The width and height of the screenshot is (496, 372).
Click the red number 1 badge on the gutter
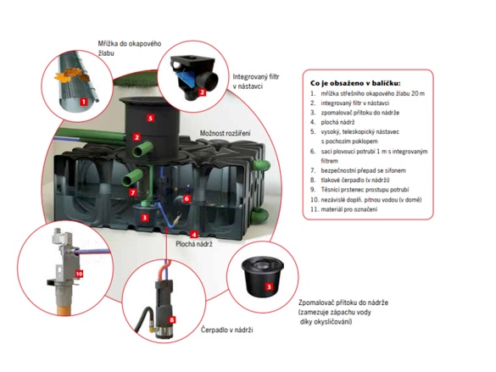(83, 101)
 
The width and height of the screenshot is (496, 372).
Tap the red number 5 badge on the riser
(150, 118)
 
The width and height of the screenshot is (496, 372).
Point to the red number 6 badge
(187, 197)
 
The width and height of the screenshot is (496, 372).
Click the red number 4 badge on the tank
(194, 233)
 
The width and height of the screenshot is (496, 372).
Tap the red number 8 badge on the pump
(172, 319)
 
